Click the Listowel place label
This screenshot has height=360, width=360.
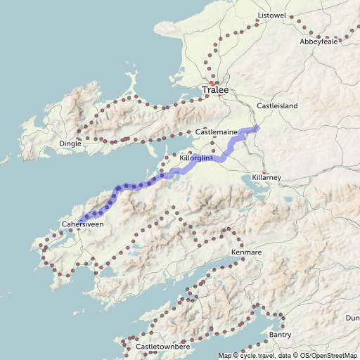273,15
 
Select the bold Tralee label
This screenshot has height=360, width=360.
215,90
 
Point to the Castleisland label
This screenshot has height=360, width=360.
277,105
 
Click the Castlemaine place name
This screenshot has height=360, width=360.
216,131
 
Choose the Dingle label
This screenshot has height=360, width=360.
70,143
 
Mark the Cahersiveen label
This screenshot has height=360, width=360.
82,224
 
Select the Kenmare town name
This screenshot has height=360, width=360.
246,252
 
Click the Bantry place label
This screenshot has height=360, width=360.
280,335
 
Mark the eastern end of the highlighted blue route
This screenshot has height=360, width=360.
257,127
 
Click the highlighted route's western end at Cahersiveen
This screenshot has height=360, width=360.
79,222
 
